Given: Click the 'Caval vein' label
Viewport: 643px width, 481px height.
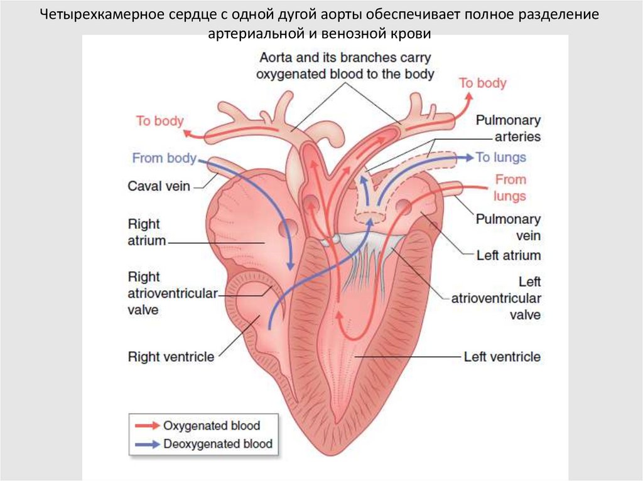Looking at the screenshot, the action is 158,186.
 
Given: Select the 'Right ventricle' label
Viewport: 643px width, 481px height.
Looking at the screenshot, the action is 171,357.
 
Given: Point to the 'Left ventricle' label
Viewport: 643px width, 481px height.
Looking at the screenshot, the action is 502,357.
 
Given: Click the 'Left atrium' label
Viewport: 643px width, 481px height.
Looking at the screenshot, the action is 509,255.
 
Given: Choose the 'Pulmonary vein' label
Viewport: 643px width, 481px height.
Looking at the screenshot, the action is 507,227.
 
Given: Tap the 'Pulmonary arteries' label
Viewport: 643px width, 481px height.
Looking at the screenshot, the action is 508,128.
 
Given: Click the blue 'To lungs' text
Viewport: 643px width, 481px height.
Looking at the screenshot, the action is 500,157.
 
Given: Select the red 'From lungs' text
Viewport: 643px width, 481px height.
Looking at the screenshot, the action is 510,188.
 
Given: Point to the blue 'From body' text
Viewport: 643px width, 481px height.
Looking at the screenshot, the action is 164,158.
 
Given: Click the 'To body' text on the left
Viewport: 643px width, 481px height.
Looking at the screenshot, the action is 159,120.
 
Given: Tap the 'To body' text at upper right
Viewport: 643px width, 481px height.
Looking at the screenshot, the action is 482,83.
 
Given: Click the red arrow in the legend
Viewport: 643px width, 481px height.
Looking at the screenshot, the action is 146,425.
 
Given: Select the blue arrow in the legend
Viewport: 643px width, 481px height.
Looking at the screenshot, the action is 146,444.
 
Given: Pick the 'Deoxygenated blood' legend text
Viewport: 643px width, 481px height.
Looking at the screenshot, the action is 218,444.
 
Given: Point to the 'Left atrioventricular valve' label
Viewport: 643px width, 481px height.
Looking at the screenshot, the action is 496,299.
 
